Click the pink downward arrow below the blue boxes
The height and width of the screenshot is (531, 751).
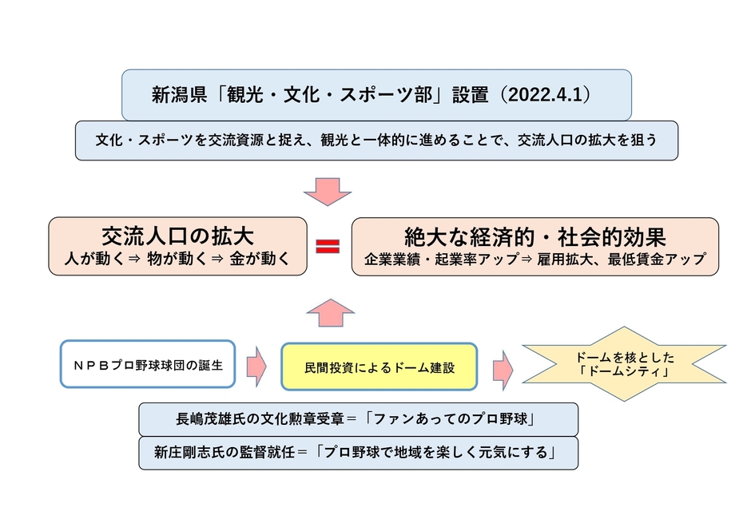coord(328,191)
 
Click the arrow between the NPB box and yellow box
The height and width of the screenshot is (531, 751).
coord(256,365)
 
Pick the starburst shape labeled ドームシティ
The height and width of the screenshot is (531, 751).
coord(624,364)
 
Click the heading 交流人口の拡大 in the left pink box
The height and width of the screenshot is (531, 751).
coord(177,236)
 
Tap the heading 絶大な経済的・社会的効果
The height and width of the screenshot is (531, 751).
coord(534,237)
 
